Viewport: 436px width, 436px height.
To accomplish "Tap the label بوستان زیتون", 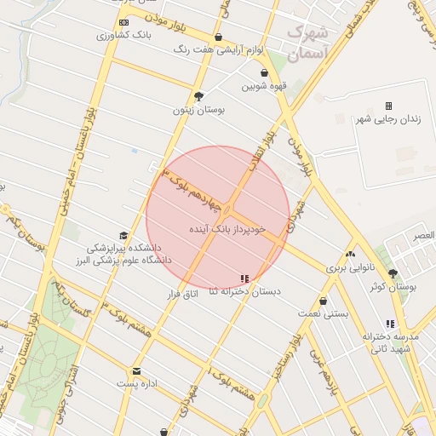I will pyautogui.click(x=197, y=110).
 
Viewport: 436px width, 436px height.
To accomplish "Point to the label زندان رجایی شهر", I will pyautogui.click(x=388, y=119).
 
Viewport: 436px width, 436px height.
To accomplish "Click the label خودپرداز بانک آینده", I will pyautogui.click(x=228, y=229).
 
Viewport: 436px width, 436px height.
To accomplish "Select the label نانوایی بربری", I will pyautogui.click(x=351, y=268).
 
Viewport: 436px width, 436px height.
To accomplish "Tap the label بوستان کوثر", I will pyautogui.click(x=393, y=287).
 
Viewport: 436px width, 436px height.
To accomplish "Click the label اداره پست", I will pyautogui.click(x=138, y=384).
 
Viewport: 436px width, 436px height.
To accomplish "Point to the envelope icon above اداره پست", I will pyautogui.click(x=136, y=371).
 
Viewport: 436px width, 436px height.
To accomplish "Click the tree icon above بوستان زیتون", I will pyautogui.click(x=199, y=96).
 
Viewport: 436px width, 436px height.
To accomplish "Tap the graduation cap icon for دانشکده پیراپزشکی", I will pyautogui.click(x=123, y=236).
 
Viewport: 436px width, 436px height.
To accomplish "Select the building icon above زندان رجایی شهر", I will pyautogui.click(x=388, y=106).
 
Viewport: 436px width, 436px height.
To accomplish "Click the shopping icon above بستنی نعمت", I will pyautogui.click(x=324, y=301).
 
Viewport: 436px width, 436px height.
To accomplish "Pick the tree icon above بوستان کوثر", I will pyautogui.click(x=393, y=273).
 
